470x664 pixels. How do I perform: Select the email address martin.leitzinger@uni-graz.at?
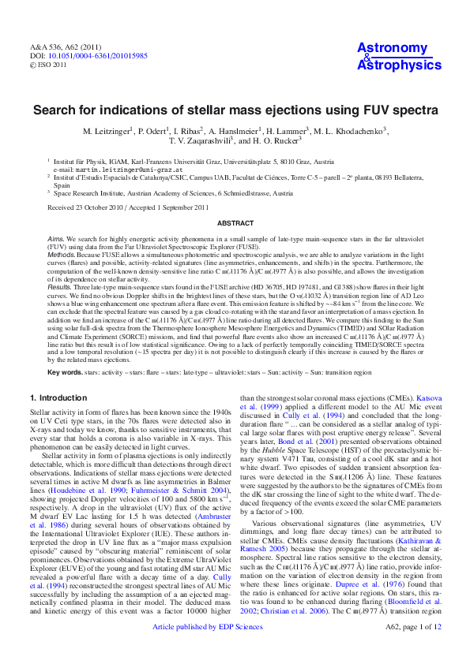(x=115, y=170)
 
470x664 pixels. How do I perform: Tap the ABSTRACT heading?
(x=235, y=223)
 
